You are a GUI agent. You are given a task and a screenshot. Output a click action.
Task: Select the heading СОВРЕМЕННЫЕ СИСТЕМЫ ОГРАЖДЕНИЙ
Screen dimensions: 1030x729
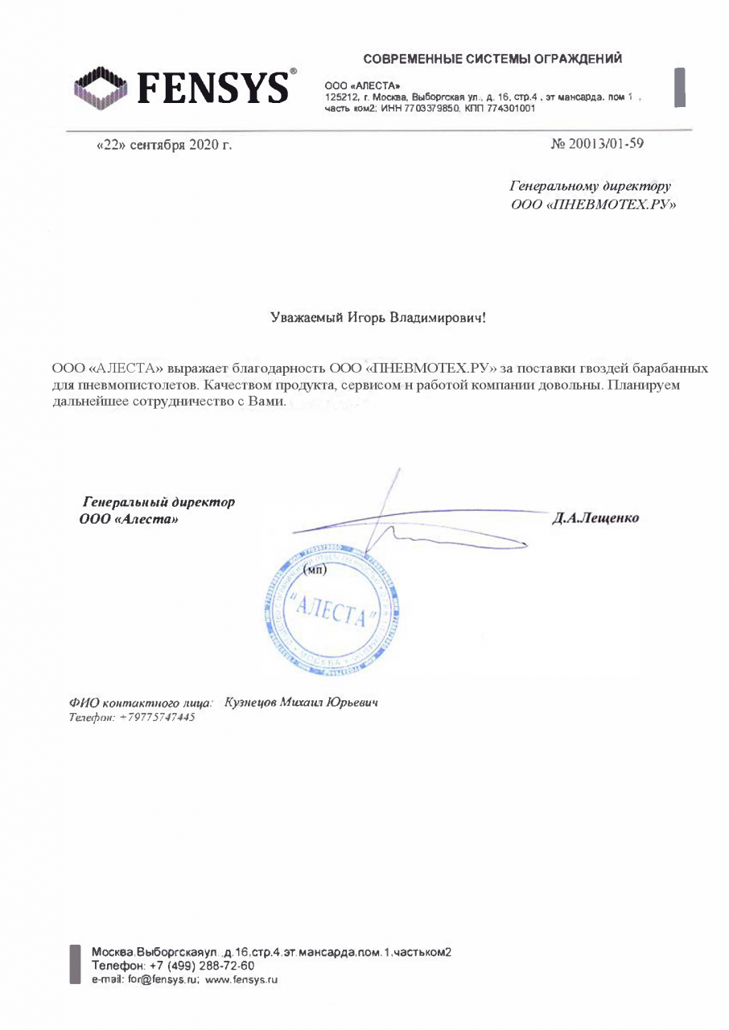pos(492,59)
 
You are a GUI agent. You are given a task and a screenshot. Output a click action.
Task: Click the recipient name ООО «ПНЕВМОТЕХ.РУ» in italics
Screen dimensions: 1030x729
pos(593,205)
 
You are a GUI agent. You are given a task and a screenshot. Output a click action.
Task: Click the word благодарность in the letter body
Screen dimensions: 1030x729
pos(278,369)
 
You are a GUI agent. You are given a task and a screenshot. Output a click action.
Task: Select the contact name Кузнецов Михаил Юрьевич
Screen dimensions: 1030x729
pos(301,702)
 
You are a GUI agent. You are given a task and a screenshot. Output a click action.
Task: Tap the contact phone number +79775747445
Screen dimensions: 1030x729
pos(156,717)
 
